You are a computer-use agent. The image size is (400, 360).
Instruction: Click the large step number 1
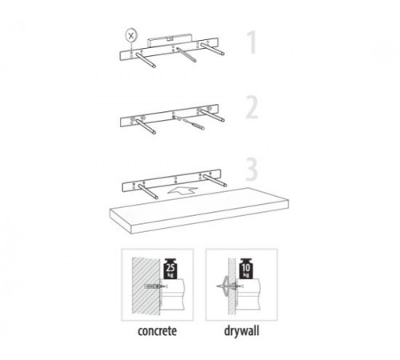coord(253,42)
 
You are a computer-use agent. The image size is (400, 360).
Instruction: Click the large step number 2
coord(252,107)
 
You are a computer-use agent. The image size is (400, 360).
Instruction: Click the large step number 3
coord(251,170)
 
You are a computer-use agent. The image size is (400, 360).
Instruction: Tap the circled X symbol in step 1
coord(131,35)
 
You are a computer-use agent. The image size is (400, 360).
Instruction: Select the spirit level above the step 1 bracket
coord(170,41)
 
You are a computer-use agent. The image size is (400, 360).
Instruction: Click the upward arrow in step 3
coord(182,190)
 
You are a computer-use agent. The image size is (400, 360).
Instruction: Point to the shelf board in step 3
coord(199,210)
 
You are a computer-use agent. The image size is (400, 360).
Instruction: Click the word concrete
coord(157,331)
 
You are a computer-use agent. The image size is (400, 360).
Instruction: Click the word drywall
coord(242,330)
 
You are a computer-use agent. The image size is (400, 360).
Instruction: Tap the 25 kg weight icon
coord(170,269)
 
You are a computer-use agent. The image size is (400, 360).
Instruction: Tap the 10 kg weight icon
coord(246,269)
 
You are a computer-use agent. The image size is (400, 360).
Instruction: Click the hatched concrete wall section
coord(146,285)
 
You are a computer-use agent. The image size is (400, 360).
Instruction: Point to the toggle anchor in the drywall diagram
coord(226,286)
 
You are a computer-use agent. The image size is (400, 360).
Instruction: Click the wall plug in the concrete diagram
coord(154,286)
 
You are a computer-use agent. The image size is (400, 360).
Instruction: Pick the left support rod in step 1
coord(146,60)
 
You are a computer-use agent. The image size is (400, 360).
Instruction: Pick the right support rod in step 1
coord(213,49)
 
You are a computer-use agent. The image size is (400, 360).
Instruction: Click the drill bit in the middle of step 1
coord(186,55)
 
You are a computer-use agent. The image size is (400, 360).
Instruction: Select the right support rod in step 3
coord(215,180)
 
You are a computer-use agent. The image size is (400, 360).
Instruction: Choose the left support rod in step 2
coord(146,126)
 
